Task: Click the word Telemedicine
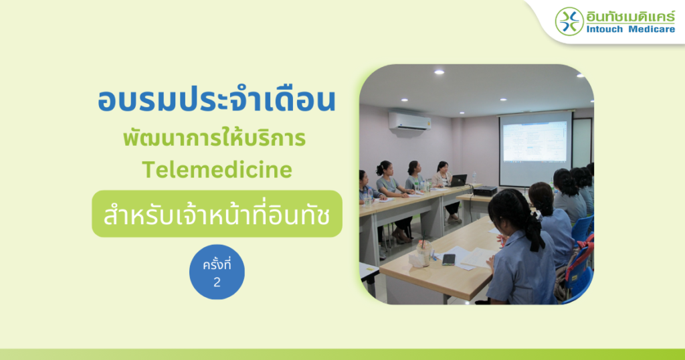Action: click(217, 169)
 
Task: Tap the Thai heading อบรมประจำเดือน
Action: click(217, 100)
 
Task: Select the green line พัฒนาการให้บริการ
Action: click(214, 137)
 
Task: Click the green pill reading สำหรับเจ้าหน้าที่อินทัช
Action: click(217, 213)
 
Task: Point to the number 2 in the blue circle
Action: click(217, 282)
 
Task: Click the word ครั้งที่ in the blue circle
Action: click(217, 264)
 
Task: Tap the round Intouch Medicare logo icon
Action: click(569, 21)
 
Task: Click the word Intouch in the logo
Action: click(605, 29)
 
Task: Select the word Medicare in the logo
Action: click(652, 29)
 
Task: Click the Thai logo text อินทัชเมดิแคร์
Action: click(631, 16)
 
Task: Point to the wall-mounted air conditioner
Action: click(410, 122)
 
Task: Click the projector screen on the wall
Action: click(536, 148)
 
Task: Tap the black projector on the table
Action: click(484, 191)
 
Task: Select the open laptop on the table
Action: click(457, 181)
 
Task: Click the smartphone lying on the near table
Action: click(449, 260)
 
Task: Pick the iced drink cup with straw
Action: click(423, 251)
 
